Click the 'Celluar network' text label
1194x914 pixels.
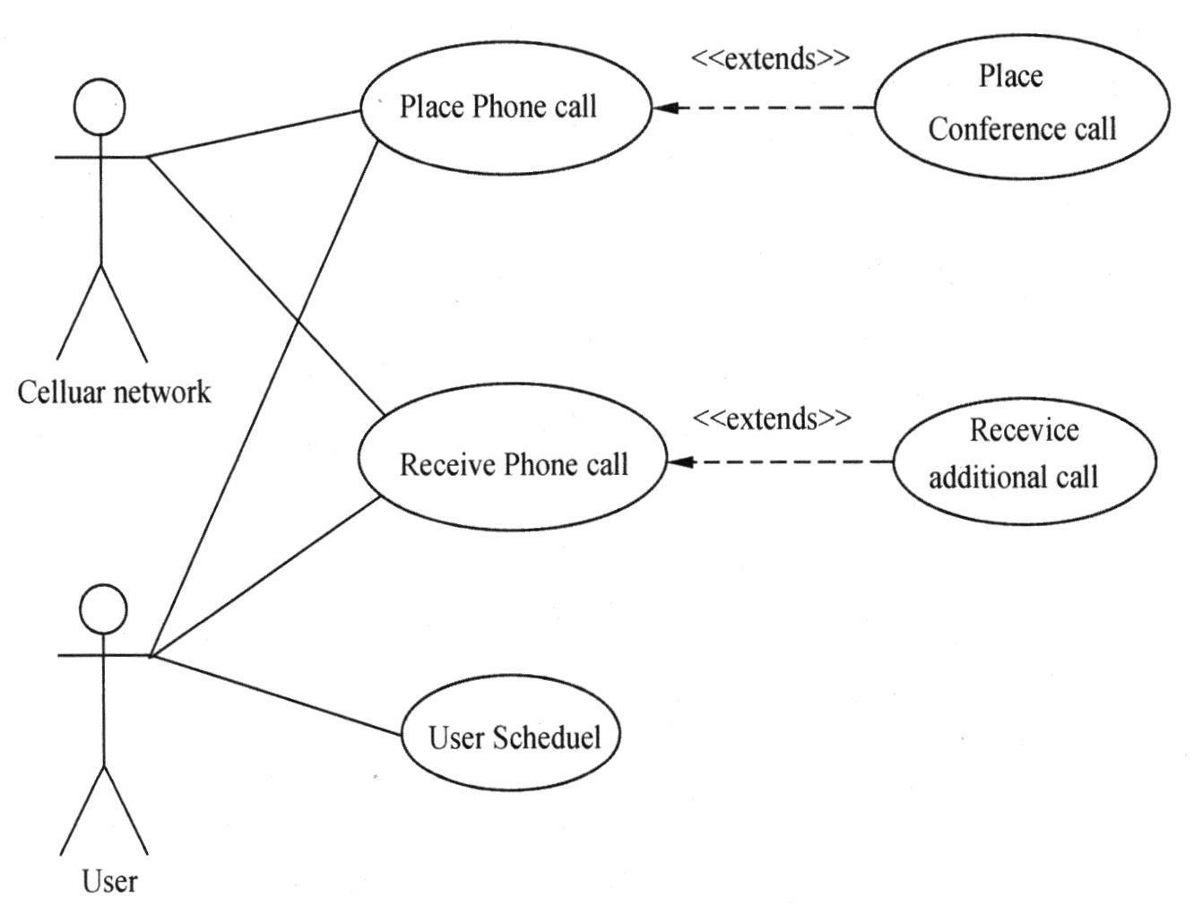point(114,392)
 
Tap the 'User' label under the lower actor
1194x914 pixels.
point(110,882)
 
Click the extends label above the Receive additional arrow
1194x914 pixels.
point(772,419)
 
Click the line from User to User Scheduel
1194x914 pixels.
point(276,695)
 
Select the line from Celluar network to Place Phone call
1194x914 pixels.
point(254,134)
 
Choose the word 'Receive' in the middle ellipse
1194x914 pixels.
point(446,465)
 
